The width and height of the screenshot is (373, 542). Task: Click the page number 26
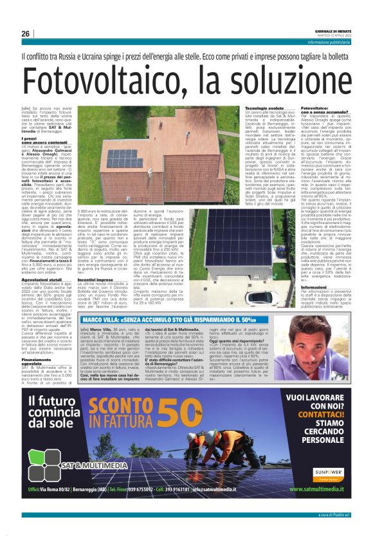[25, 33]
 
